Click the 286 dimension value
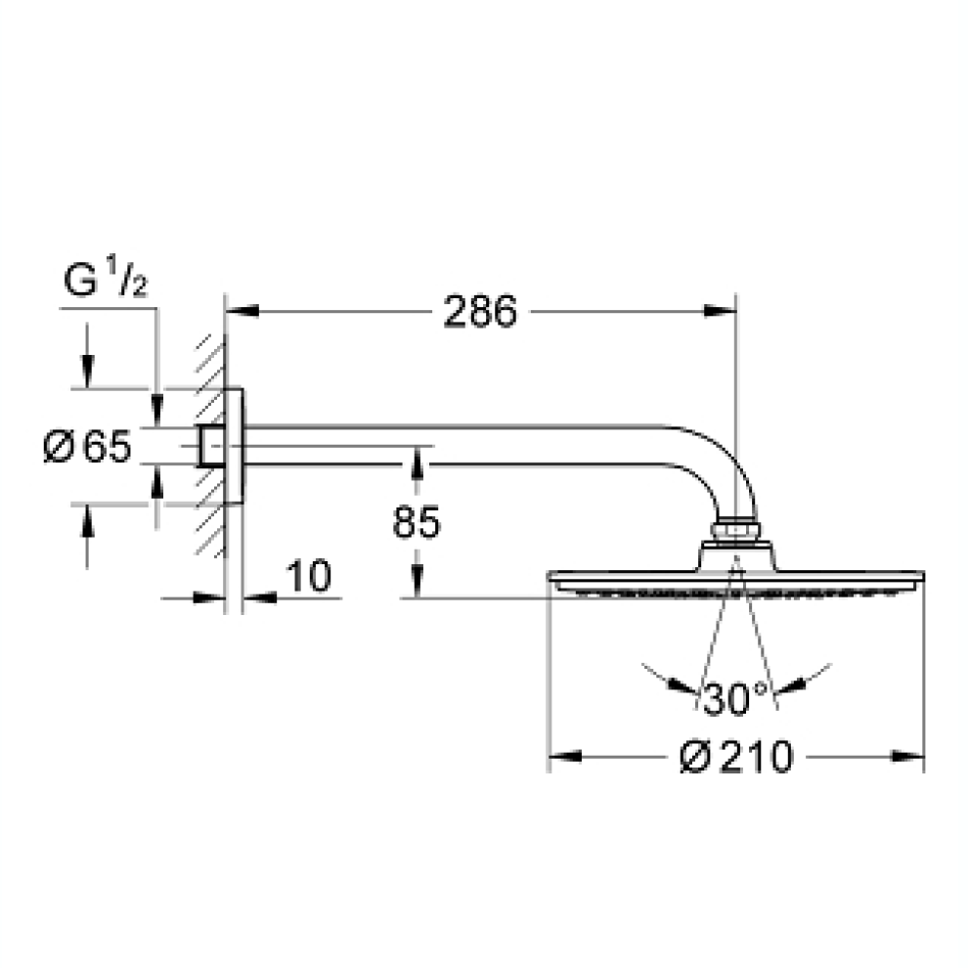pyautogui.click(x=480, y=312)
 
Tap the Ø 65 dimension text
pyautogui.click(x=88, y=446)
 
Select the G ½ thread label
pyautogui.click(x=106, y=279)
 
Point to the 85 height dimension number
pyautogui.click(x=417, y=522)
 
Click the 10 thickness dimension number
pyautogui.click(x=308, y=576)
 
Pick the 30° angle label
pyautogui.click(x=734, y=699)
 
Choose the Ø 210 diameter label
pyautogui.click(x=736, y=756)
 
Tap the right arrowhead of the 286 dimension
pyautogui.click(x=720, y=312)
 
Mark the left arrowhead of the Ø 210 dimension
pyautogui.click(x=565, y=756)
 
